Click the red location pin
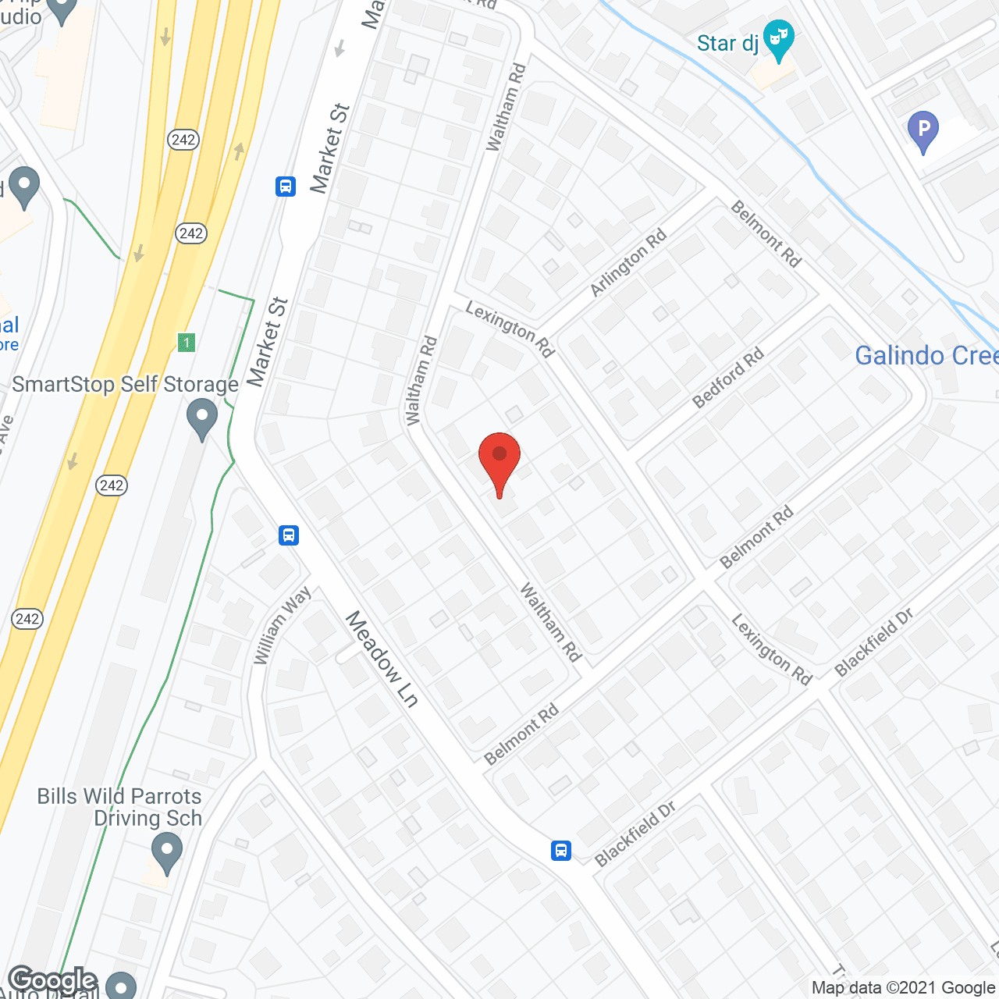499,460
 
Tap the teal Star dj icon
778,40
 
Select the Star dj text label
727,43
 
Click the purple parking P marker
923,130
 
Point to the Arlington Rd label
628,262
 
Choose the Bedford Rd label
728,379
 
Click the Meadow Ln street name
382,659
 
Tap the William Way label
282,626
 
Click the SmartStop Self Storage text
125,384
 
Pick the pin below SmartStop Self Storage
202,418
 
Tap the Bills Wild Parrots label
119,796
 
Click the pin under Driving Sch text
166,852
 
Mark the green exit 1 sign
186,342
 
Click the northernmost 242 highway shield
183,140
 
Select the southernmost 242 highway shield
27,619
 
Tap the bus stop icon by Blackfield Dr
561,850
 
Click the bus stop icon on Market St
286,187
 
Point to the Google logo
53,980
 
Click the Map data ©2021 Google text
903,988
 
